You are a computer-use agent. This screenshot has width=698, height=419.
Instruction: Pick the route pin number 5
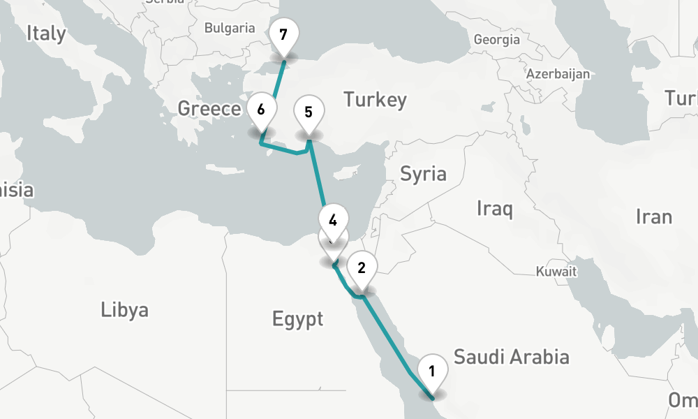click(309, 112)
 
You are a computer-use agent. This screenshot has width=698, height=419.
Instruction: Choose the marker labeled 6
click(260, 110)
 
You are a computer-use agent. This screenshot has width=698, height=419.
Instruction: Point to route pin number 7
click(283, 35)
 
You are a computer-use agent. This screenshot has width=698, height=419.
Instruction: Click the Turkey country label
click(375, 100)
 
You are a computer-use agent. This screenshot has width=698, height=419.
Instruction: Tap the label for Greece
click(209, 108)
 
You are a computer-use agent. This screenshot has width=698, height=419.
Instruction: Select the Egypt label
click(297, 319)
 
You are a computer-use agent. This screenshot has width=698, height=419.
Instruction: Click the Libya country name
click(124, 309)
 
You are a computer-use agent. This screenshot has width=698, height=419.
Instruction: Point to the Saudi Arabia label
click(511, 357)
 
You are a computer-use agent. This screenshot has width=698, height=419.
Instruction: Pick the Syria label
click(423, 173)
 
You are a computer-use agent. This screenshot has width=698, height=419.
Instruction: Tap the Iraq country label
click(495, 207)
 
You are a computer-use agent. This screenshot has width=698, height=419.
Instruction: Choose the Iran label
click(653, 216)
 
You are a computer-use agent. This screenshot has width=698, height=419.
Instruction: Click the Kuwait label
click(556, 272)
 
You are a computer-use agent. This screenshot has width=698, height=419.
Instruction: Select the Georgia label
click(496, 40)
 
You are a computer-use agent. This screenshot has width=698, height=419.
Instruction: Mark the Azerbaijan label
click(558, 73)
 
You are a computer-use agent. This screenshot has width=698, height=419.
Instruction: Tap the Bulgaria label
click(230, 29)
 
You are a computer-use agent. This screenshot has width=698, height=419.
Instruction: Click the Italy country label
click(46, 33)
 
